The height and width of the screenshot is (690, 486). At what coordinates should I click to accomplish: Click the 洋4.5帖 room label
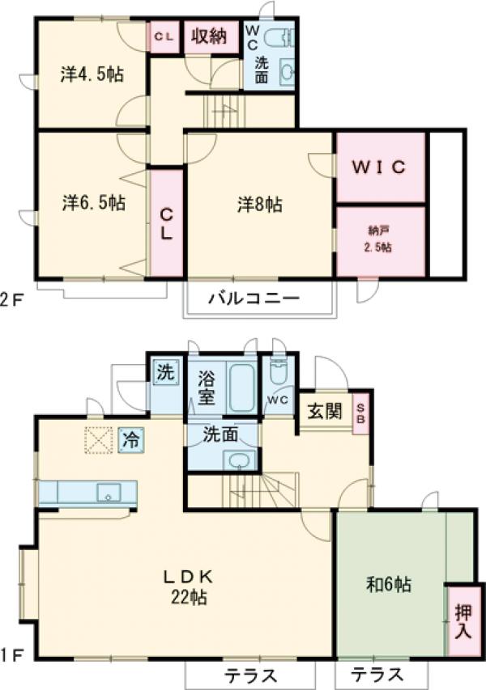[92, 75]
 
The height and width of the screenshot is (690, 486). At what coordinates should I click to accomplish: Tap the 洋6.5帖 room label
[93, 202]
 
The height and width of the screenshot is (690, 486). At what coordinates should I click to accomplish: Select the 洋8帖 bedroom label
[259, 205]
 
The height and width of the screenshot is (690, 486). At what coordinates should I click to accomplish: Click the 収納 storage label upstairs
[208, 36]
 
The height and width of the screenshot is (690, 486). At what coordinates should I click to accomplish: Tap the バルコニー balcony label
[254, 298]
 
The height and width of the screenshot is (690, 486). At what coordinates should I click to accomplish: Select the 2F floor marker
[11, 298]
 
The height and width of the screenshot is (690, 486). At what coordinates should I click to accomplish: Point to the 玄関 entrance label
[323, 412]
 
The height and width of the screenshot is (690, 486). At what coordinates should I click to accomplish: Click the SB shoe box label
[361, 413]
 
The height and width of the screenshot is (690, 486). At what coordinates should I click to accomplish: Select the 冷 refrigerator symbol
[129, 440]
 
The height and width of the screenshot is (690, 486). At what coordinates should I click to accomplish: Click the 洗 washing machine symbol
[164, 374]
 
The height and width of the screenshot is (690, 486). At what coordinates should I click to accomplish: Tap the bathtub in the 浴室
[240, 390]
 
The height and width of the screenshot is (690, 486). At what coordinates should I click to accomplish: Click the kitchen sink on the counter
[108, 491]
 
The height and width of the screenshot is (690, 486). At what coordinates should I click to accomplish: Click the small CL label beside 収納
[164, 36]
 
